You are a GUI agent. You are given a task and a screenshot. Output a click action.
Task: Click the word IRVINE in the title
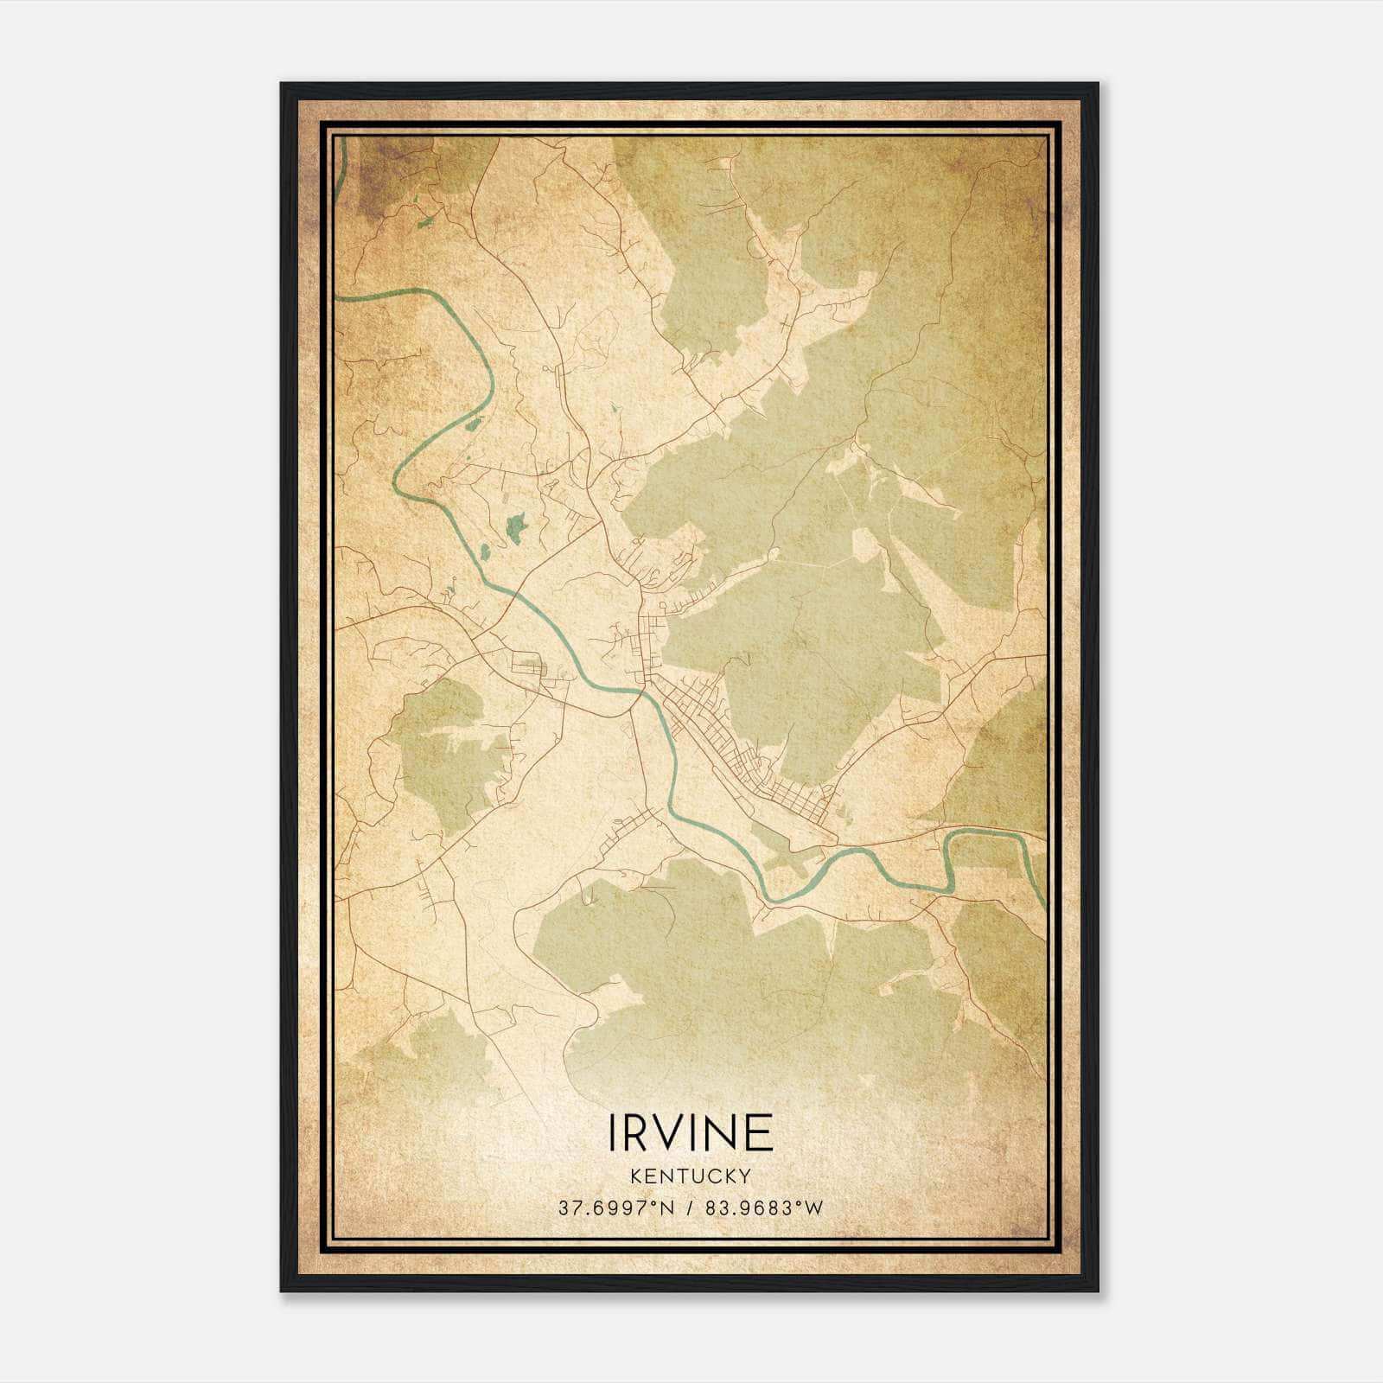point(691,1131)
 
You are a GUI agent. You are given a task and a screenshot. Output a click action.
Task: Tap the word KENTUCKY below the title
point(691,1176)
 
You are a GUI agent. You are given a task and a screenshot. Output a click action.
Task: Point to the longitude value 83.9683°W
point(764,1208)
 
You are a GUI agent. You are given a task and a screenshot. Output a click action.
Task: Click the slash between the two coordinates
point(688,1208)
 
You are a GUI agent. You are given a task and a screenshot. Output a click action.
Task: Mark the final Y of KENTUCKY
point(744,1176)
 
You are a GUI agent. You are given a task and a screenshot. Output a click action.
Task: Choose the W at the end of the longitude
point(814,1208)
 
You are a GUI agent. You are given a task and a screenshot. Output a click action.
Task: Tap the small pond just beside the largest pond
point(485,550)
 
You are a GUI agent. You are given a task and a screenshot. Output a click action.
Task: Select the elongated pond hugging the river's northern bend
point(472,424)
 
